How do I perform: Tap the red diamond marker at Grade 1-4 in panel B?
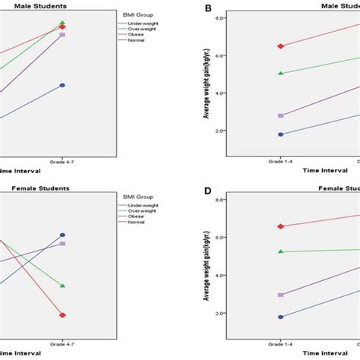(x=281, y=46)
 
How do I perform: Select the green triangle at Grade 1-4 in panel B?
(x=281, y=74)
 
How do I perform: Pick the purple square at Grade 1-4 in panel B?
(x=281, y=115)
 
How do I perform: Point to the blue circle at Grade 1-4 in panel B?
(x=281, y=134)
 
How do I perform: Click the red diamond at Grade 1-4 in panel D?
(x=281, y=226)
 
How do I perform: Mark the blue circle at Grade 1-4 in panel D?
(x=281, y=317)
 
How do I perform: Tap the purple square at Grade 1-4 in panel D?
(x=281, y=295)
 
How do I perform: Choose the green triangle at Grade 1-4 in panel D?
(x=281, y=251)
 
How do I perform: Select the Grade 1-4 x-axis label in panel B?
(x=281, y=163)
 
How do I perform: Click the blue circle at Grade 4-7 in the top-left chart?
(x=62, y=85)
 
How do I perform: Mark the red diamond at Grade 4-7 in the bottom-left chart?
(x=62, y=315)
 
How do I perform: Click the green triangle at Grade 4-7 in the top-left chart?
(x=62, y=23)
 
